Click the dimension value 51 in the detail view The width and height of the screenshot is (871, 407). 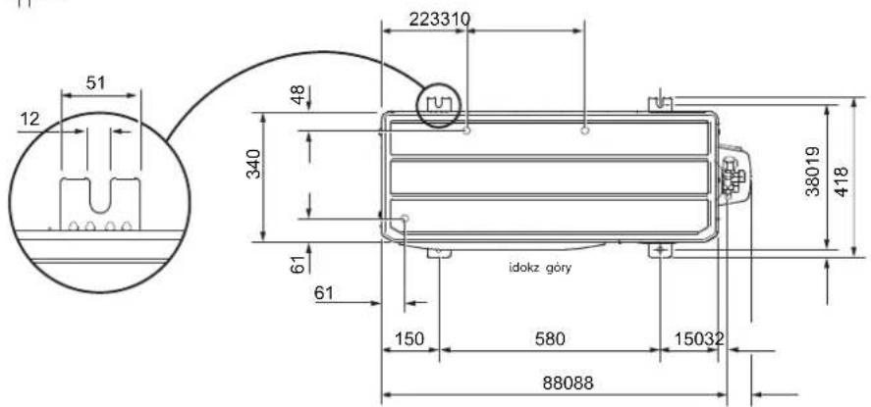pyautogui.click(x=95, y=83)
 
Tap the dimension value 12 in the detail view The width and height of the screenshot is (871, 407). pyautogui.click(x=30, y=119)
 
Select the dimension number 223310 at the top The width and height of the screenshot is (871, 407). pyautogui.click(x=439, y=20)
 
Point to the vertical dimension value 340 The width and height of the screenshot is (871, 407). pyautogui.click(x=253, y=164)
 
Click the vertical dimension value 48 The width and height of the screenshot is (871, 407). pyautogui.click(x=298, y=95)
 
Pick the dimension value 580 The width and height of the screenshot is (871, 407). pyautogui.click(x=549, y=338)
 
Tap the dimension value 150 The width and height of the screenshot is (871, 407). pyautogui.click(x=408, y=338)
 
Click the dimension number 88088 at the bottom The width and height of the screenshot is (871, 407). pyautogui.click(x=568, y=383)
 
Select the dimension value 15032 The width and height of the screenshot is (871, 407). pyautogui.click(x=699, y=338)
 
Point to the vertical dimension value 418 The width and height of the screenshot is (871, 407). pyautogui.click(x=843, y=181)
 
